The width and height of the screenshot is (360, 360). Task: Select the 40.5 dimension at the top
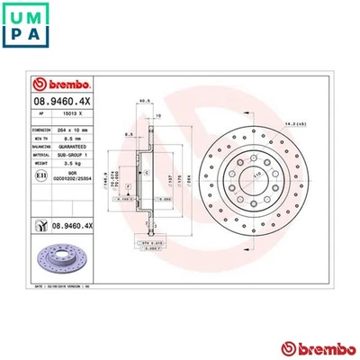(x=144, y=101)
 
